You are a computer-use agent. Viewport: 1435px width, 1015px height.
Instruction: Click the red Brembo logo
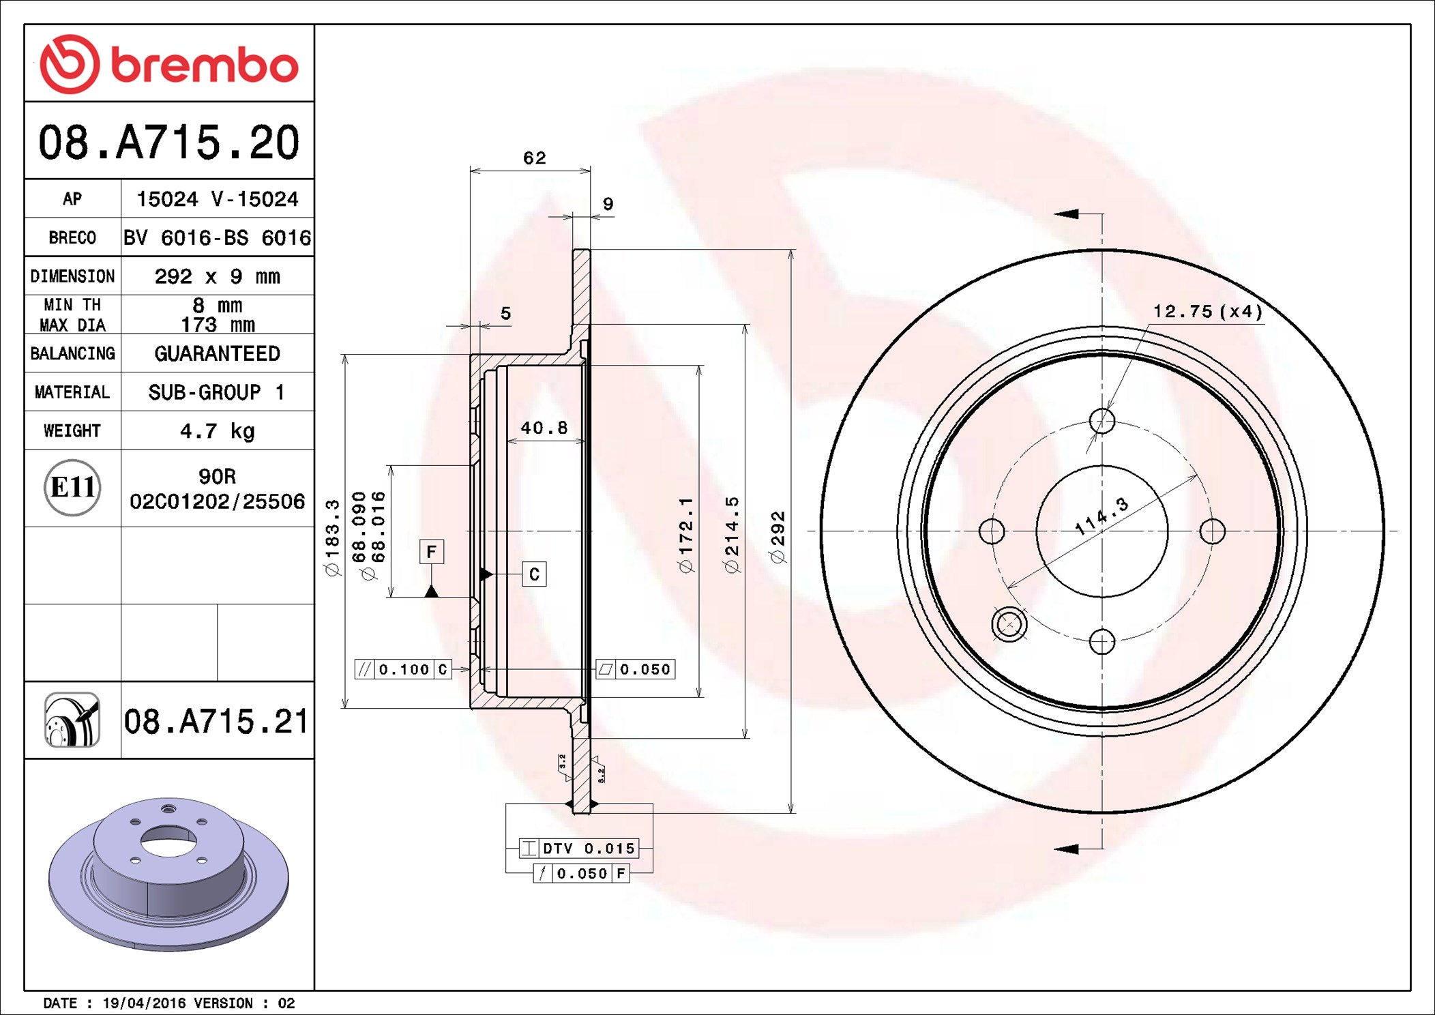(x=168, y=64)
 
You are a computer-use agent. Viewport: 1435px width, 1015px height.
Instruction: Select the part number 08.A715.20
(x=169, y=142)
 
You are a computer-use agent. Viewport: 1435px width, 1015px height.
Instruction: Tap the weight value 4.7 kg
(x=217, y=431)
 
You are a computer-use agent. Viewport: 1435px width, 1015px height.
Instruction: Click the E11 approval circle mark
(x=72, y=487)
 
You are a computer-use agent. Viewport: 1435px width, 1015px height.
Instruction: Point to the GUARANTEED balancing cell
(x=217, y=353)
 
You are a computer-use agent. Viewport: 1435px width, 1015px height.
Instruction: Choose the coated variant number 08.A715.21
(x=216, y=721)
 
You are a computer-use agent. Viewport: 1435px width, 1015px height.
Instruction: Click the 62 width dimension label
(x=535, y=158)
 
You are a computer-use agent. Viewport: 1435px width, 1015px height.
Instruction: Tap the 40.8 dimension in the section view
(x=544, y=428)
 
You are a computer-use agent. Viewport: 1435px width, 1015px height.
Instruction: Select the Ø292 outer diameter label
(x=778, y=537)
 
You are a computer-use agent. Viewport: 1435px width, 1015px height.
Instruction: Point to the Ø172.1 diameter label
(x=685, y=535)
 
